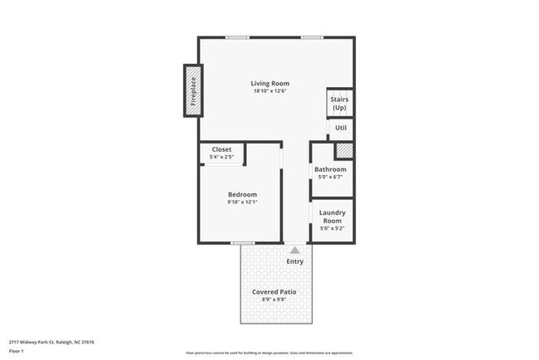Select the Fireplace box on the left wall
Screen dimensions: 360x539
click(x=192, y=90)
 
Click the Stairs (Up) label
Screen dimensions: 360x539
click(x=339, y=104)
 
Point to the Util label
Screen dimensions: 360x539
click(x=340, y=128)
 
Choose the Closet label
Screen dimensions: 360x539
click(x=221, y=149)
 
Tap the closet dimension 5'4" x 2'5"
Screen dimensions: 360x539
click(x=221, y=157)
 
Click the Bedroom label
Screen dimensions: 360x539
click(x=242, y=194)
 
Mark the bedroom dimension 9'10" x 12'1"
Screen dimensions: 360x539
click(x=242, y=202)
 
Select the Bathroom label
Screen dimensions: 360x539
click(x=330, y=169)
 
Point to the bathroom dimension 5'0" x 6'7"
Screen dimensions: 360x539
click(x=330, y=177)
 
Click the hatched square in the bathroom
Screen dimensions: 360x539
click(x=342, y=151)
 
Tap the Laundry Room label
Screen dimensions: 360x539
click(x=332, y=216)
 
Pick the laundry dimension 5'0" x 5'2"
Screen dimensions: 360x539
click(x=332, y=228)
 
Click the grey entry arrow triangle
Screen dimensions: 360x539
click(x=294, y=249)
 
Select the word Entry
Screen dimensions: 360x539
click(x=294, y=261)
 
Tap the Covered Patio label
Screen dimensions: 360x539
click(x=274, y=292)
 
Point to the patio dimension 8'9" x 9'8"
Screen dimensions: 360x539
click(x=274, y=300)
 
